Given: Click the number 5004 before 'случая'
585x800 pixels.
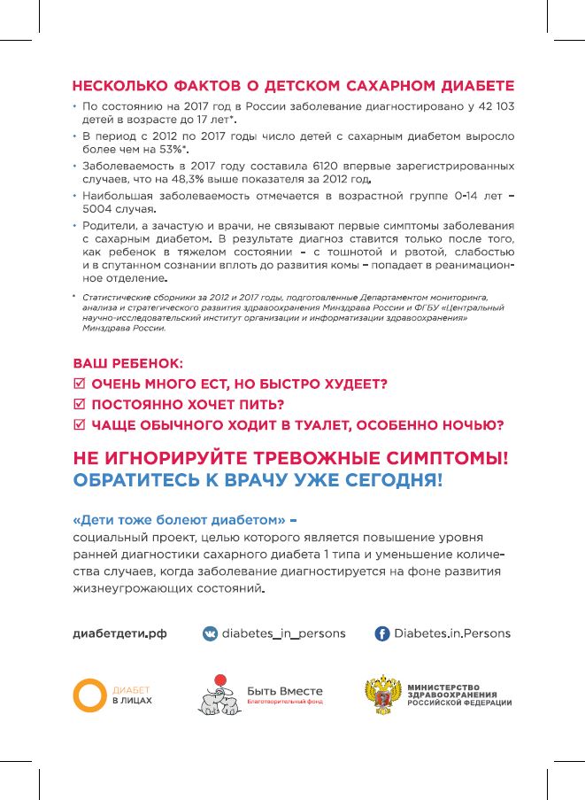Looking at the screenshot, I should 101,208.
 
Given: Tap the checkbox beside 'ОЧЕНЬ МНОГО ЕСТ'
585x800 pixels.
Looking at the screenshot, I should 79,384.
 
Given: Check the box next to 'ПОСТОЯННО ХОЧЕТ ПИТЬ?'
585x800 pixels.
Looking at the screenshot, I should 79,405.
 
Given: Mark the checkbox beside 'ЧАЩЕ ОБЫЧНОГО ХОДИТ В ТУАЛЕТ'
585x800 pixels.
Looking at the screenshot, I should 79,425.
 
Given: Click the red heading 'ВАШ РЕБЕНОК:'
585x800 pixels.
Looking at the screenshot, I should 127,364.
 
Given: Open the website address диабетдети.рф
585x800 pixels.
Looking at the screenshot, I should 119,633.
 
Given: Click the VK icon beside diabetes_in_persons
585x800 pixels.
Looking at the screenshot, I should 211,633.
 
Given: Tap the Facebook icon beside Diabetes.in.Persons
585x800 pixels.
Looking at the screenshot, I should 382,633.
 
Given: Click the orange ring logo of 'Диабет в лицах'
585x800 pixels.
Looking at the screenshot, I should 89,694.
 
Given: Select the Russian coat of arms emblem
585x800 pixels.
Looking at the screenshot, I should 382,695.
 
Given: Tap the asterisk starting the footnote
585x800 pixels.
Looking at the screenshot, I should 73,295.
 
